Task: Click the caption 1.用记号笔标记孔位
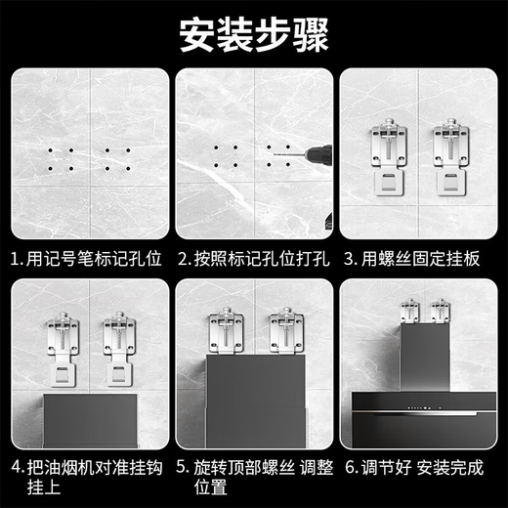(86, 260)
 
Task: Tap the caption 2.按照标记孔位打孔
(253, 260)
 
